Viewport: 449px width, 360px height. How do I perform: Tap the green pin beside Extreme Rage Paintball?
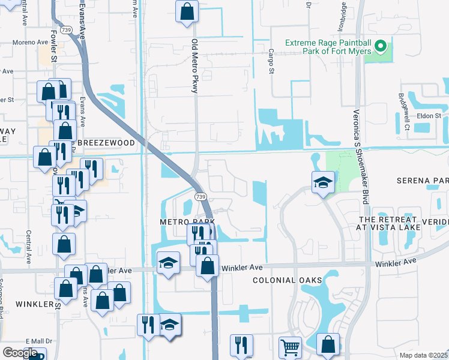[380, 46]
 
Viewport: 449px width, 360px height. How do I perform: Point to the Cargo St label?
[271, 62]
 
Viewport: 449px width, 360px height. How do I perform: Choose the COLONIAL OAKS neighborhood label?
[288, 280]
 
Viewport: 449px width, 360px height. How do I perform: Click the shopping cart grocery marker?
[290, 347]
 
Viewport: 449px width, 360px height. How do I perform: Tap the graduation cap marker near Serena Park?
[322, 182]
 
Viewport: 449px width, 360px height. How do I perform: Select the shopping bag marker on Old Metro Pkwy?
[187, 10]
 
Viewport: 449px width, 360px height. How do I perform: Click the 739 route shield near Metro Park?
[200, 197]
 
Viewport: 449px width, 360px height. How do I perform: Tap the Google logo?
[19, 353]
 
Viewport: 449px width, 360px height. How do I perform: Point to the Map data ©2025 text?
[423, 355]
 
